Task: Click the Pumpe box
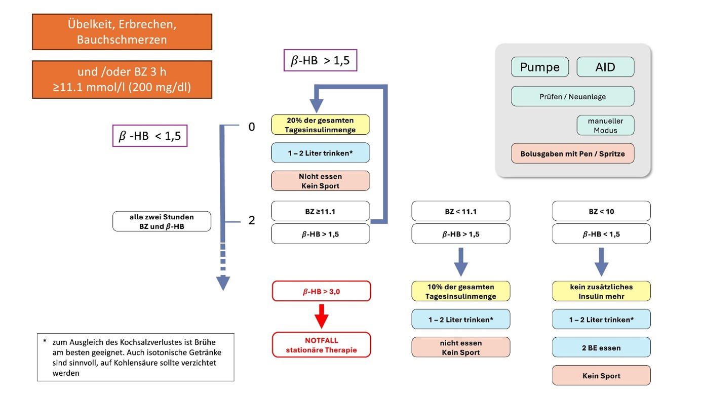[x=540, y=67]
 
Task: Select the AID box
[x=605, y=67]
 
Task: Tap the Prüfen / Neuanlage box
[x=572, y=96]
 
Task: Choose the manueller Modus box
[x=605, y=126]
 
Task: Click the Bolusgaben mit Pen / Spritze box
[x=572, y=154]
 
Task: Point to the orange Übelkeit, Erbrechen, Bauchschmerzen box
[x=122, y=32]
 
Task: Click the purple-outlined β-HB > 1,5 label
[x=320, y=61]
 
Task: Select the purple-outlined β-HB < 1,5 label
[x=150, y=136]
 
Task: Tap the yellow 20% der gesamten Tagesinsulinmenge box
[x=320, y=125]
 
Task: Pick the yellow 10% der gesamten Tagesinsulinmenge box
[x=460, y=291]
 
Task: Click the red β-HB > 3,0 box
[x=321, y=291]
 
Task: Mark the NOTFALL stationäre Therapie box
[x=321, y=345]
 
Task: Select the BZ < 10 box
[x=601, y=211]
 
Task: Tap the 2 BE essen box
[x=601, y=347]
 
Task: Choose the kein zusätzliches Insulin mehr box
[x=601, y=291]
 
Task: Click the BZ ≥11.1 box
[x=320, y=211]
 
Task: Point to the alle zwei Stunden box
[x=162, y=221]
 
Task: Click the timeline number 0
[x=252, y=127]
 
